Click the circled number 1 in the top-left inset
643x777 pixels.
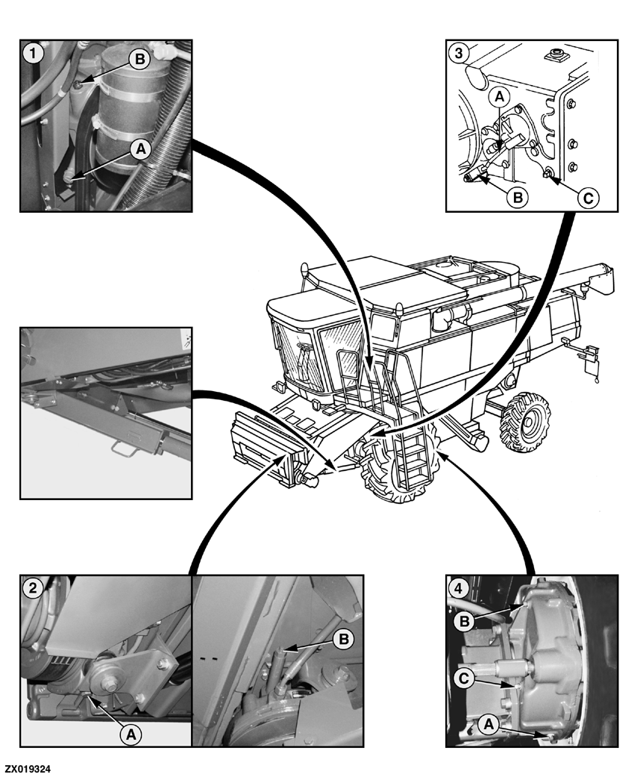tap(32, 53)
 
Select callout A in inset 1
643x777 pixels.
tap(139, 149)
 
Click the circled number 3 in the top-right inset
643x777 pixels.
tap(459, 53)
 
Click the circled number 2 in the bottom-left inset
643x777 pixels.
tap(32, 587)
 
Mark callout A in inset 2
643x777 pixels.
tap(131, 734)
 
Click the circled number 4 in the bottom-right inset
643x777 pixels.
tap(459, 587)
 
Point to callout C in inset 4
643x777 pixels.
tap(463, 678)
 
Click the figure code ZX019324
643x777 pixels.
tap(28, 767)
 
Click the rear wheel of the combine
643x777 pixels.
tap(527, 420)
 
